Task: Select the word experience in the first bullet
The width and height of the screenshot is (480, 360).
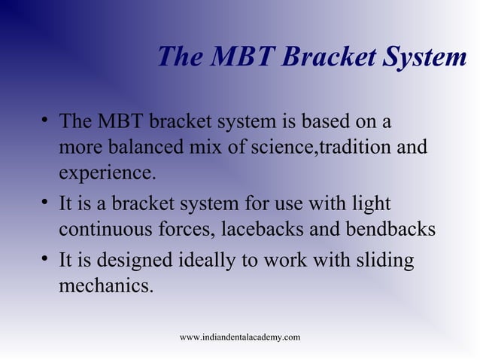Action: click(x=105, y=173)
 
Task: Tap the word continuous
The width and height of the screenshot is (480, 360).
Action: click(x=108, y=230)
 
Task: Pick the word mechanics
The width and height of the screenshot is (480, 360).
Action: click(x=105, y=287)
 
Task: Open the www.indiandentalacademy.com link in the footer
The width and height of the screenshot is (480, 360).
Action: click(x=240, y=337)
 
